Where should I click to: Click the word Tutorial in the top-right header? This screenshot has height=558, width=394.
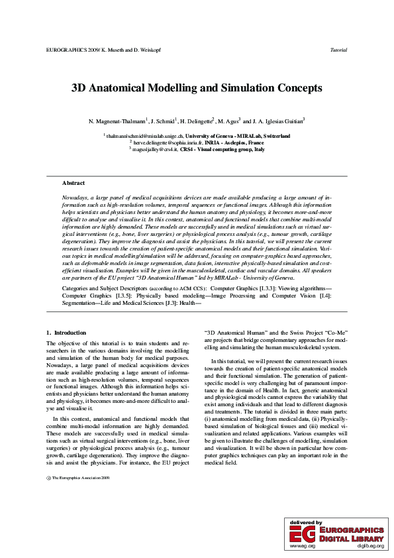point(338,50)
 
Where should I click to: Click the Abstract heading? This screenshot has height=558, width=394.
point(73,183)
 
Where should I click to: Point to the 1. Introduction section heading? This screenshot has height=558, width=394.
point(66,332)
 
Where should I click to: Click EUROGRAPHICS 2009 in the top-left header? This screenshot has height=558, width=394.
point(70,50)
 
